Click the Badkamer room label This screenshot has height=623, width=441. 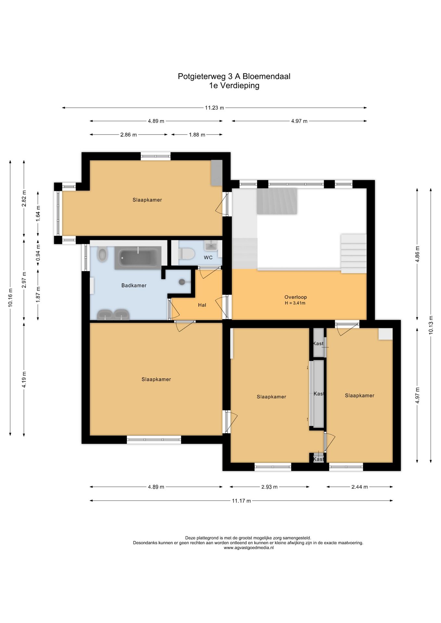134,286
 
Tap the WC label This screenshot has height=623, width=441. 208,258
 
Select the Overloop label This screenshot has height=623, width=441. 296,297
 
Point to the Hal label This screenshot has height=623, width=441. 202,305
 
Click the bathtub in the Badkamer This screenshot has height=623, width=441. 138,258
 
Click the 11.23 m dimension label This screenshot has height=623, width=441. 214,108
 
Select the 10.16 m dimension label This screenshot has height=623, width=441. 11,298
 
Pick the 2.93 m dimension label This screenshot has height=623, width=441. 270,487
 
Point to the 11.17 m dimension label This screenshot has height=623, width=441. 241,501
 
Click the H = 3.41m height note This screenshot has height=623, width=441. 295,303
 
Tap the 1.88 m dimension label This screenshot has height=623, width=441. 197,135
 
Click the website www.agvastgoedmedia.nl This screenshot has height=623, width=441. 248,548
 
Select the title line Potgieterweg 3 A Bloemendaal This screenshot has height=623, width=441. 234,77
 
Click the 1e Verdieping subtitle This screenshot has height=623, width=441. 234,86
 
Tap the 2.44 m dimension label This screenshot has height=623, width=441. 360,487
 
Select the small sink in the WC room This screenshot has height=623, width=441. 211,245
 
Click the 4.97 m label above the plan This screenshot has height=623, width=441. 299,121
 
